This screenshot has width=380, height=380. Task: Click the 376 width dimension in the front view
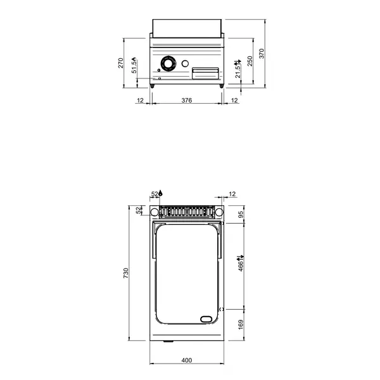coord(187,100)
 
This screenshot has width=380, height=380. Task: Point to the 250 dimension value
coord(250,61)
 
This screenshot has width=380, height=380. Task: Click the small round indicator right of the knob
coord(185,63)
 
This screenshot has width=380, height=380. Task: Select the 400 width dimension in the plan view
coord(187,360)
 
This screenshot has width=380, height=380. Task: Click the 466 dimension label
coord(241,263)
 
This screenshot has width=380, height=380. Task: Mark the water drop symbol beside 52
coord(161,193)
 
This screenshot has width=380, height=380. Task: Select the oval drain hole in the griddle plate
coord(206,319)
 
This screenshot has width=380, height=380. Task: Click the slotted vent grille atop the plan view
coord(187,210)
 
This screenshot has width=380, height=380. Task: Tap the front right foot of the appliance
coord(220,85)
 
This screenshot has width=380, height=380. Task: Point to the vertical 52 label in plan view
coord(139,210)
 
